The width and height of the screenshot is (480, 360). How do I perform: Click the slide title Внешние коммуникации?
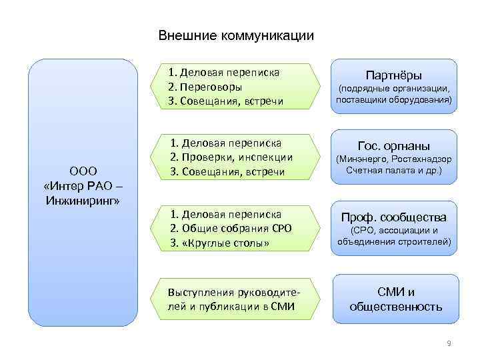click(235, 35)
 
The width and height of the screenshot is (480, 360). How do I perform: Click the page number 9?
click(449, 343)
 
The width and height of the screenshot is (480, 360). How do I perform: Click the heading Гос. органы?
click(394, 146)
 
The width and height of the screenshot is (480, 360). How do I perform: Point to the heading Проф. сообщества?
click(394, 217)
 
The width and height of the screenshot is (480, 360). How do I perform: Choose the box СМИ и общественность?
click(396, 299)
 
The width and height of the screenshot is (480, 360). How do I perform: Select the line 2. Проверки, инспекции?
click(231, 157)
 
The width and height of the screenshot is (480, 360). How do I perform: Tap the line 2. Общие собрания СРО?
click(231, 229)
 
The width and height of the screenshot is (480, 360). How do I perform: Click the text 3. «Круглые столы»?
click(220, 243)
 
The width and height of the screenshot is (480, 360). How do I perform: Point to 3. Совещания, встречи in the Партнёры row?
click(226, 101)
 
